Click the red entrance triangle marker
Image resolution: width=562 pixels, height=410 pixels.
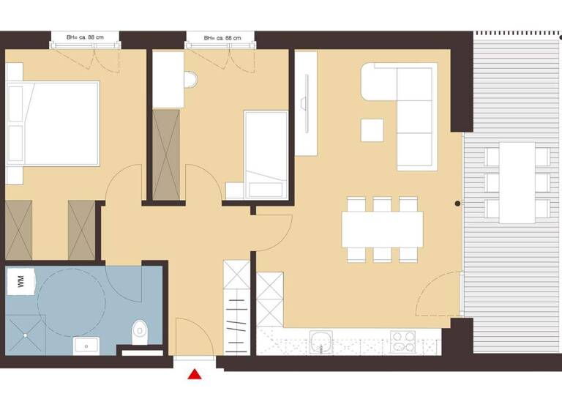195,375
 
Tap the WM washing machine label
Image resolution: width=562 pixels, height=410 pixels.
20,281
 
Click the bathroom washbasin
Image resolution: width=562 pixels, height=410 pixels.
86,343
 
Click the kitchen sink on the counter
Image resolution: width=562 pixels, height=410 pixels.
320,340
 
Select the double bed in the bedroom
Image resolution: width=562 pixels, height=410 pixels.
53,124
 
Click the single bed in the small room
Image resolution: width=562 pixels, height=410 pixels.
266,154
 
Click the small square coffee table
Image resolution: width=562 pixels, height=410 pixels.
372,130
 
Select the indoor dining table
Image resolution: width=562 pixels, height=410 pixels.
382,229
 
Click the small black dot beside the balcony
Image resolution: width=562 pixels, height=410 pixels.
457,203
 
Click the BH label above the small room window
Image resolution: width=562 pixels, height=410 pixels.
220,37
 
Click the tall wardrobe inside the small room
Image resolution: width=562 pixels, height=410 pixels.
167,154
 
